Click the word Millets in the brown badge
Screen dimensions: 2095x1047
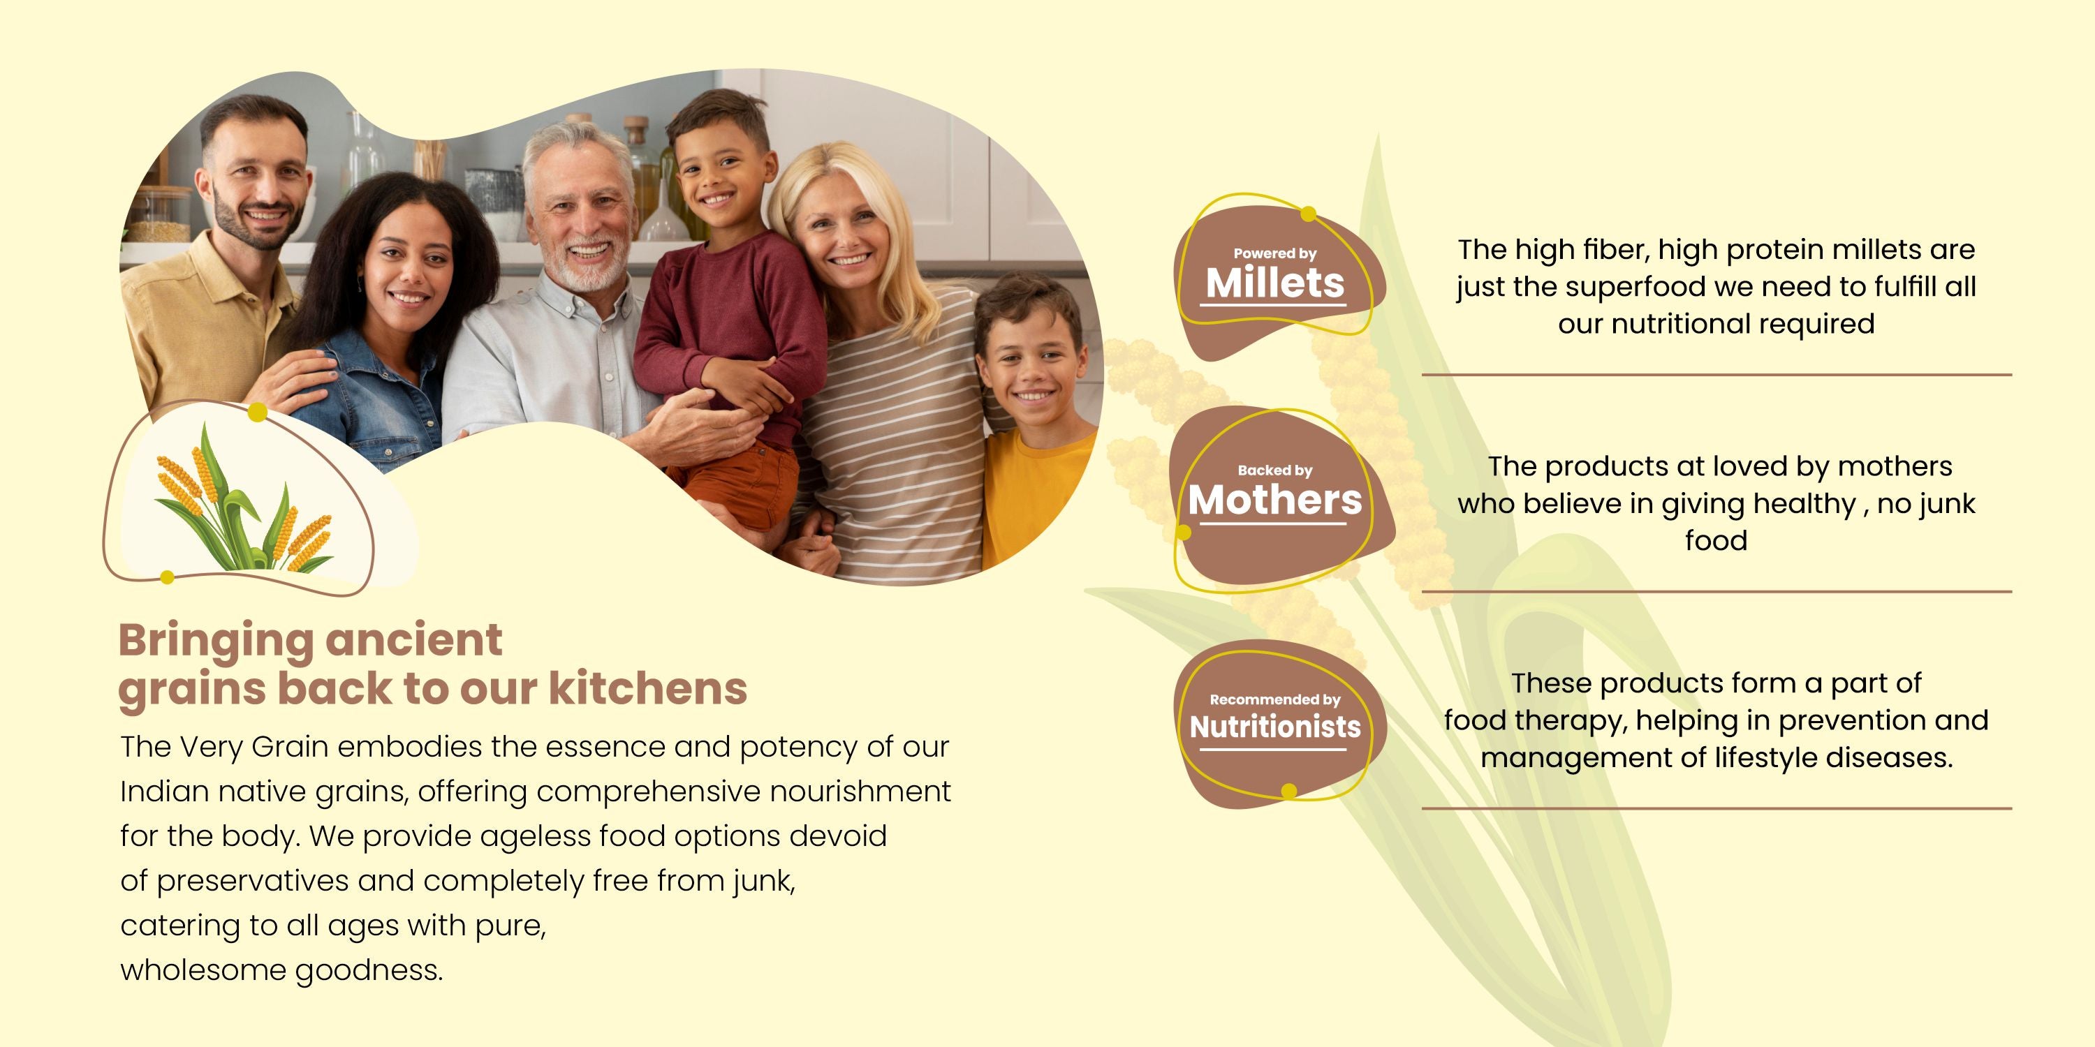coord(1274,283)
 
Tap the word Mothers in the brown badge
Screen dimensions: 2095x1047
coord(1274,500)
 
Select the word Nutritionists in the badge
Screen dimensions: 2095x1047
coord(1275,726)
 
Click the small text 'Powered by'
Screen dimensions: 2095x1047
coord(1274,253)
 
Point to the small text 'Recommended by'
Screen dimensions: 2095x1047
coord(1275,699)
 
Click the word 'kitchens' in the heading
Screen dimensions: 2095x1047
coord(648,688)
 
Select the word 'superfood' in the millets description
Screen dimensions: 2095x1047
coord(1635,287)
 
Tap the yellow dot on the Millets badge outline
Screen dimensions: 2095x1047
coord(1309,214)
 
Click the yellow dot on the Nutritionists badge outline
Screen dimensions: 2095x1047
coord(1289,791)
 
